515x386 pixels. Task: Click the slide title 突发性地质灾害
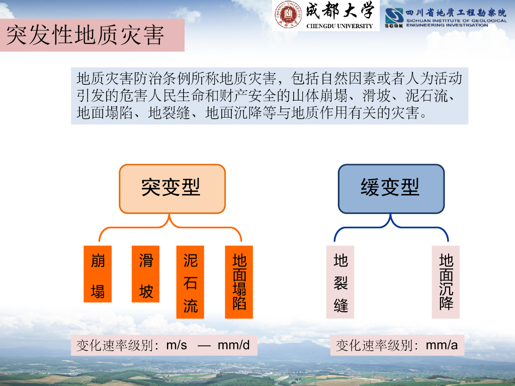tap(85, 36)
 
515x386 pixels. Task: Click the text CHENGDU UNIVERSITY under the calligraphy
tap(339, 26)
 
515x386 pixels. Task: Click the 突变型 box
tap(172, 188)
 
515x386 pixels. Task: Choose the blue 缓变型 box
tap(391, 188)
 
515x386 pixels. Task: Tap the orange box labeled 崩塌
tap(98, 274)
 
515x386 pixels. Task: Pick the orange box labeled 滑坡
tap(145, 274)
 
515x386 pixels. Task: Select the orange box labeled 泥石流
tap(190, 282)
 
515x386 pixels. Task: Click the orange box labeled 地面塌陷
tap(239, 282)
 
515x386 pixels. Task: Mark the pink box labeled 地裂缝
tap(340, 282)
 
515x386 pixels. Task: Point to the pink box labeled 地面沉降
tap(446, 282)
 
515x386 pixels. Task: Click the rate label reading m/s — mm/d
tap(163, 345)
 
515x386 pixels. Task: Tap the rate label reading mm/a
tap(397, 345)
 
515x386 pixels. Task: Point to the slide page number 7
tap(481, 368)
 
